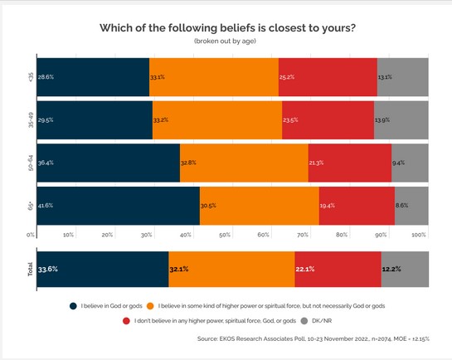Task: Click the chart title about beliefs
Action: tap(227, 27)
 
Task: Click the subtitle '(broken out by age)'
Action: tap(227, 41)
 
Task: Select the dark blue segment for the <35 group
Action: tap(92, 77)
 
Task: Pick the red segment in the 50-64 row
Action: tap(349, 163)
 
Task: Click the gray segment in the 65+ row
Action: tap(411, 205)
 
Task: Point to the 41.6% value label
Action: tap(46, 205)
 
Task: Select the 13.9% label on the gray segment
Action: tap(382, 119)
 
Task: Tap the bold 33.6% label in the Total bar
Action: tap(48, 269)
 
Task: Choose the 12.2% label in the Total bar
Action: tap(391, 269)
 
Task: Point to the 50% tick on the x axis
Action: tap(225, 236)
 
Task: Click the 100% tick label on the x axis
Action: tap(418, 236)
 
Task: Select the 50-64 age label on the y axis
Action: tap(30, 163)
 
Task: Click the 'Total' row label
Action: tap(30, 269)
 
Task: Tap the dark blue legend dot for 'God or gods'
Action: tap(74, 305)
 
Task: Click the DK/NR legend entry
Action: tap(318, 320)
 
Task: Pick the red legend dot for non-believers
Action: tap(126, 320)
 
